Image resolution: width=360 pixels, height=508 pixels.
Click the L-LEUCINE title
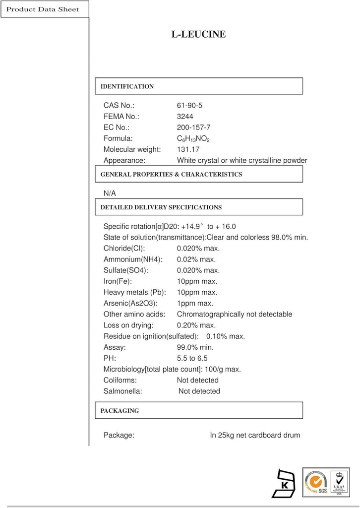198,34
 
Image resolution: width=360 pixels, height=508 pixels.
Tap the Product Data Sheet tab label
43,9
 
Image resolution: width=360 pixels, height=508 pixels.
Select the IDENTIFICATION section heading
127,86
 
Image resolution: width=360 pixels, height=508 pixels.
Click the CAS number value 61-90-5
189,106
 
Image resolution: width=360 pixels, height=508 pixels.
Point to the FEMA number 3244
185,117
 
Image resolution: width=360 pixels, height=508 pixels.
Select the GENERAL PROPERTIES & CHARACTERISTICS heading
172,174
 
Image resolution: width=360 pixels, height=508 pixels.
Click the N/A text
110,193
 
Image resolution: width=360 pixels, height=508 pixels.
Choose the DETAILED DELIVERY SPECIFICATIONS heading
161,207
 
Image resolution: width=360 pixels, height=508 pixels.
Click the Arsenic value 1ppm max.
195,303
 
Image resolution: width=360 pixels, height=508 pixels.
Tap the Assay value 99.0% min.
195,347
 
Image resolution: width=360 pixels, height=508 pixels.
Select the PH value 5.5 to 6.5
192,358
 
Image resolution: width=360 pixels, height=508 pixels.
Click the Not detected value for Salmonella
199,391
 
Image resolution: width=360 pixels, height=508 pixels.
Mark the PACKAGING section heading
120,410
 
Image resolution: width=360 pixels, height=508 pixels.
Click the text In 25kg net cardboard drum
255,435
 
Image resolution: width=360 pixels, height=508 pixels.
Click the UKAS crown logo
340,482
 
